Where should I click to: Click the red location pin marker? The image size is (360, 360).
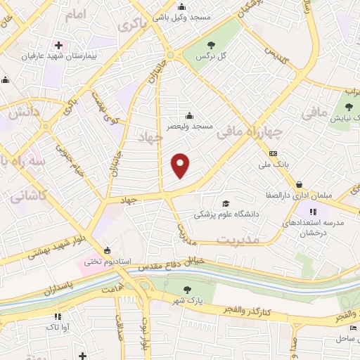coord(181,165)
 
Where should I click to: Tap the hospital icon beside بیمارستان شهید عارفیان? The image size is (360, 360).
coord(59,46)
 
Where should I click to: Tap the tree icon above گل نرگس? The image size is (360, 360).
coord(211,44)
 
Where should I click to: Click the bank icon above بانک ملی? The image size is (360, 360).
coord(273,154)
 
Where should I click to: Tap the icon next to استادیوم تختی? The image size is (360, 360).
coord(107,250)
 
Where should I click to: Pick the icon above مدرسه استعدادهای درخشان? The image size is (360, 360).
coord(313,210)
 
